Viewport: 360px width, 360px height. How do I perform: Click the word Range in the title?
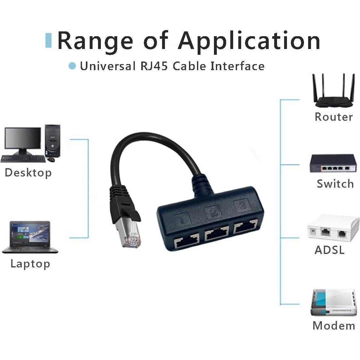pos(95,41)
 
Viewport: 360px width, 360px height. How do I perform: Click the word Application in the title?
pos(249,41)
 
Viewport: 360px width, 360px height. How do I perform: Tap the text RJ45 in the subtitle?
pos(154,66)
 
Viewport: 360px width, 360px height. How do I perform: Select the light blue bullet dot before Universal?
pos(72,66)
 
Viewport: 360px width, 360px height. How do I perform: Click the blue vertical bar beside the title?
pos(48,40)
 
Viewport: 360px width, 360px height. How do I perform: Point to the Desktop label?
pos(28,173)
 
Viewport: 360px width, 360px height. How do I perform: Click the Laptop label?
pos(30,264)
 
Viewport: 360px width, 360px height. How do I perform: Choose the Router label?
pos(333,117)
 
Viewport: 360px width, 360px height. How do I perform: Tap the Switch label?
pos(335,184)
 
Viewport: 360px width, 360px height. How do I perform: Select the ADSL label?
pos(329,250)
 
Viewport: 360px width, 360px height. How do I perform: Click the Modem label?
pos(334,326)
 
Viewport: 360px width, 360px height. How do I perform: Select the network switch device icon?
pos(333,164)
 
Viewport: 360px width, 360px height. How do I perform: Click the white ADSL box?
pos(333,229)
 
